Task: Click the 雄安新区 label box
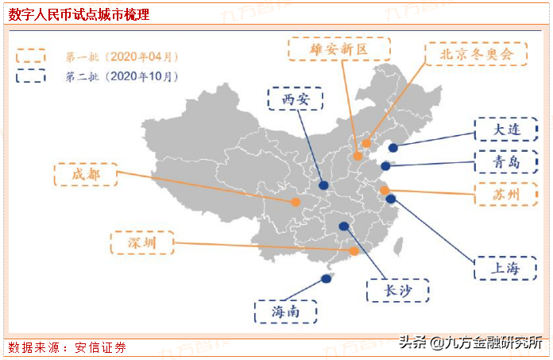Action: (x=339, y=49)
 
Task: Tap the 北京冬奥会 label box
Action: (x=475, y=54)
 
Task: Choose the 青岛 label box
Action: (x=505, y=163)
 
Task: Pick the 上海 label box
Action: (x=505, y=268)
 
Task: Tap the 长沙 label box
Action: (x=397, y=291)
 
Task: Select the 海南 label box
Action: (x=285, y=312)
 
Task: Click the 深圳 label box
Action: (x=141, y=242)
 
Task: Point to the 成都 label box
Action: (x=85, y=175)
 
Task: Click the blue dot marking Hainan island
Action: (x=325, y=279)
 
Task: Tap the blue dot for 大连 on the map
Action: (x=393, y=147)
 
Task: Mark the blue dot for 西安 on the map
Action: (x=323, y=186)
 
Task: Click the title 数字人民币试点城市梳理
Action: (x=79, y=15)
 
